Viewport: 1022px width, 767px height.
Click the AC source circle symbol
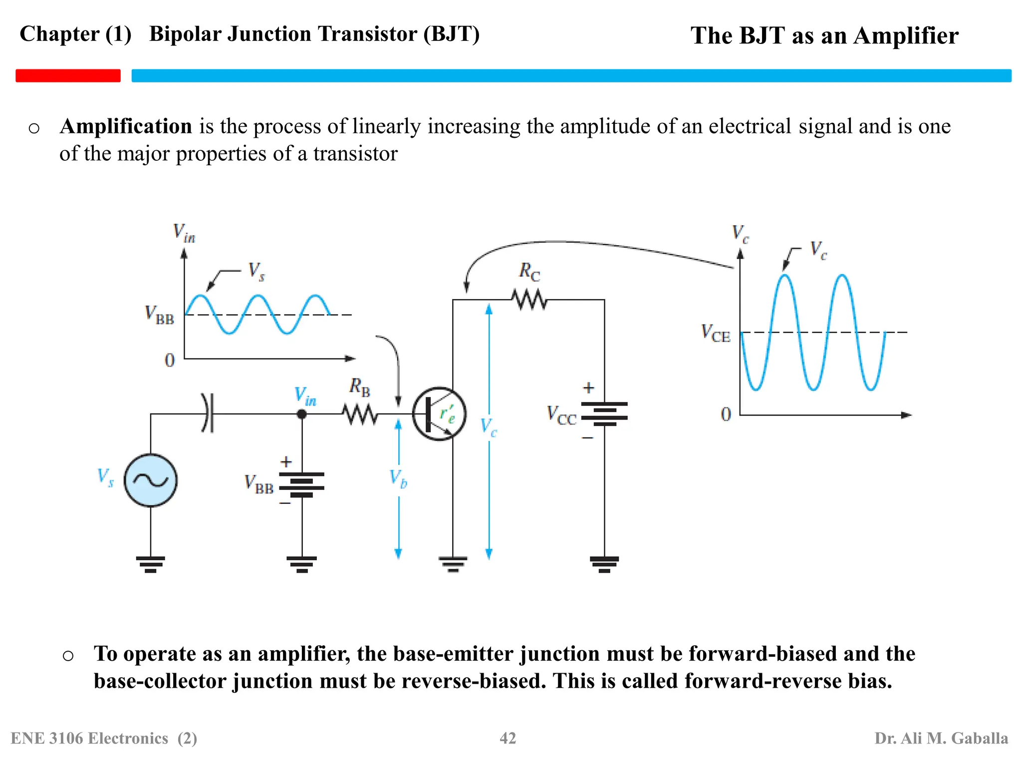(150, 480)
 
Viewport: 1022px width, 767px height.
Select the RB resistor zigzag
(360, 414)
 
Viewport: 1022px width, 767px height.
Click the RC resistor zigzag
(529, 300)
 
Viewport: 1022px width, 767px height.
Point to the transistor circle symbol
(439, 414)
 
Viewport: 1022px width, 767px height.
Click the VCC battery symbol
(604, 414)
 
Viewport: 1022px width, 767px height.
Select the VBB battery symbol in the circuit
(301, 484)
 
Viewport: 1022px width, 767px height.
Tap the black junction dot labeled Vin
(301, 414)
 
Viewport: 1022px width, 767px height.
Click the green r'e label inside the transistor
(447, 414)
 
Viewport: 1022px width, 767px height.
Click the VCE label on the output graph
(715, 333)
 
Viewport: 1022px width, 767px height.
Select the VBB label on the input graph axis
(159, 315)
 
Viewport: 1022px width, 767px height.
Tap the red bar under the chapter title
(68, 75)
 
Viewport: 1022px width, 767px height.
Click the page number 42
(508, 738)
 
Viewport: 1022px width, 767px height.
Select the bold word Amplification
(126, 126)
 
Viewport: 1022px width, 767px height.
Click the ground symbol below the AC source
(150, 564)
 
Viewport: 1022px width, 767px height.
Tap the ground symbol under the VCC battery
(604, 564)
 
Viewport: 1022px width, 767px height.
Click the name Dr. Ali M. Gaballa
(941, 738)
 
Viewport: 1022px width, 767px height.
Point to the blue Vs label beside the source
(105, 477)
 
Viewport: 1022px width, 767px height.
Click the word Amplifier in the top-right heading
(906, 36)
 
